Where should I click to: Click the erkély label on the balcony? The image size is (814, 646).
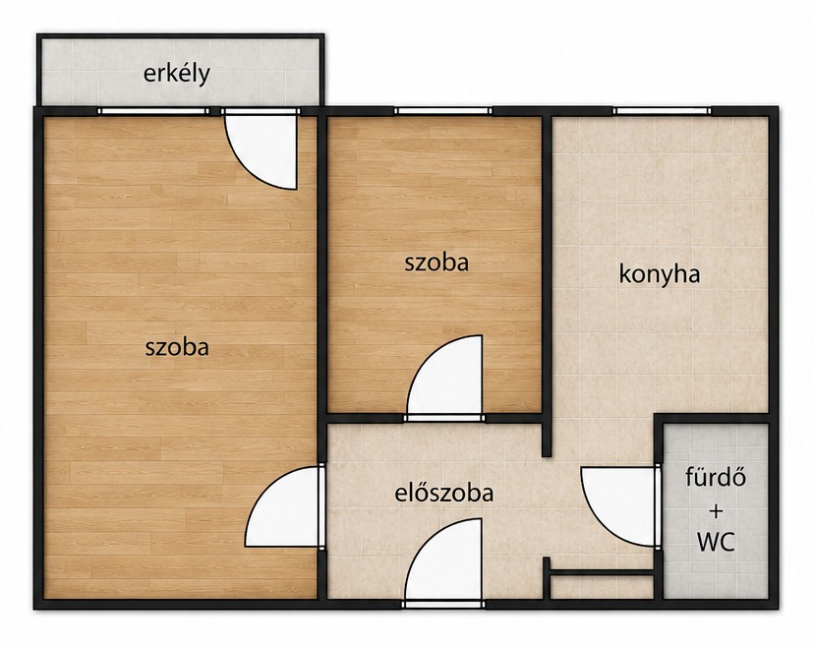pos(177,75)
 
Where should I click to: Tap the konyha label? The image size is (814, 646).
pos(660,273)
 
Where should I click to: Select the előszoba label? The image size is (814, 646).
pos(443,493)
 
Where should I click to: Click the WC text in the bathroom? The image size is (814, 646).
pos(716,542)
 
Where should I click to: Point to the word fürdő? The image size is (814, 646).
pos(716,476)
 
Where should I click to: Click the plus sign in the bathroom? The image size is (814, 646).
pos(716,511)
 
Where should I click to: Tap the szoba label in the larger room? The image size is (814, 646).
pos(177,347)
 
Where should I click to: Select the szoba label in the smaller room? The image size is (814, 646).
pos(436,263)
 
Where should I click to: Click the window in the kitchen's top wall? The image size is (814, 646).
pos(662,110)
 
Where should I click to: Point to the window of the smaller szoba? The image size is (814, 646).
pos(442,110)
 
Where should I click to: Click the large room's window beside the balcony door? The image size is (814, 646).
pos(153,110)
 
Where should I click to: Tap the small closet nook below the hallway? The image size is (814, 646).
pos(602,587)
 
